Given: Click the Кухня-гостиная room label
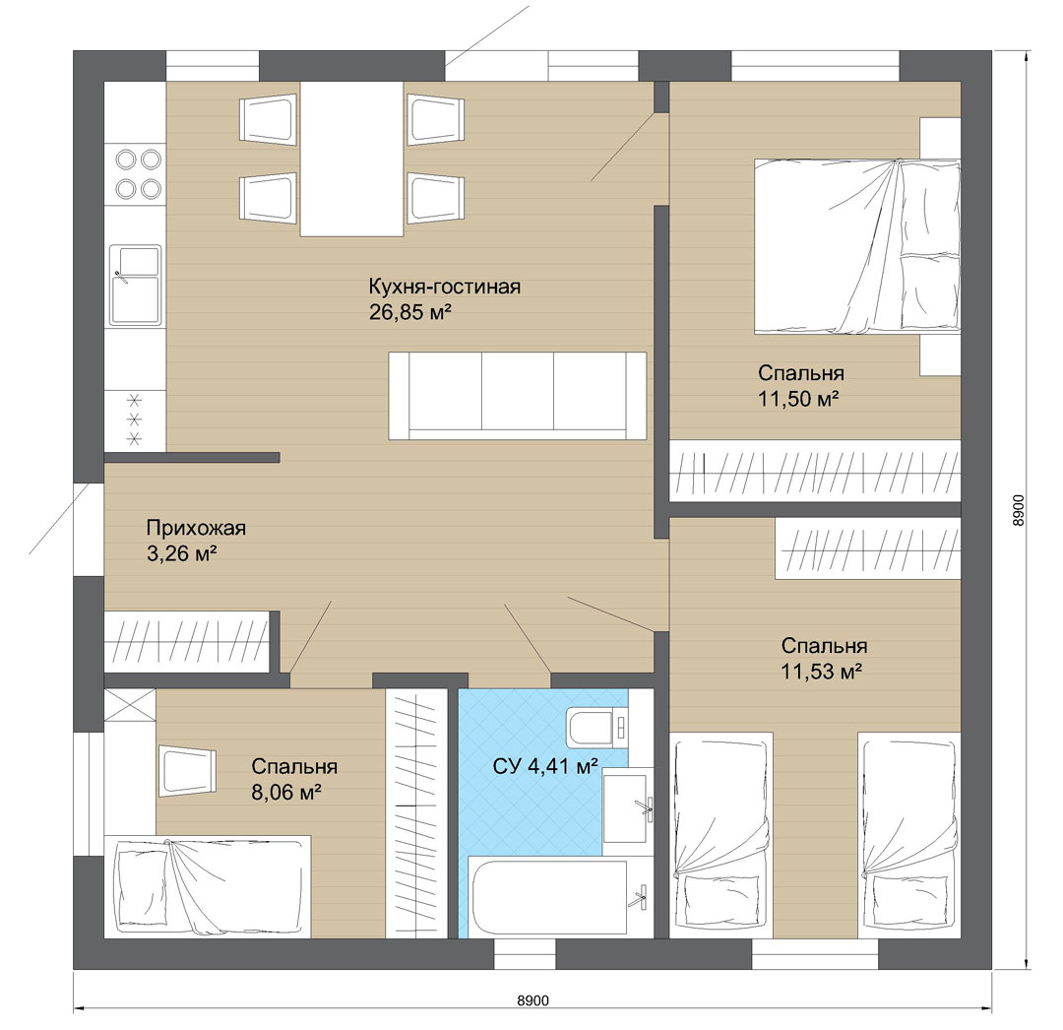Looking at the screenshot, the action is click(x=445, y=287).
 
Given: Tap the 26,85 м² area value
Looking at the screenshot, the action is click(x=410, y=312).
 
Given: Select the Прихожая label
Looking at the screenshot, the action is click(x=196, y=528).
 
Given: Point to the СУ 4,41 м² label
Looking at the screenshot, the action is click(x=545, y=767).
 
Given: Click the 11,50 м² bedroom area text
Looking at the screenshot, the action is click(x=798, y=399).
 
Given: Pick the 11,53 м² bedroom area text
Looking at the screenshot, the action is click(x=821, y=672).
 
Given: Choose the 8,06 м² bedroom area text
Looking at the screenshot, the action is click(x=286, y=792).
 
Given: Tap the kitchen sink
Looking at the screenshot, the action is click(x=136, y=285).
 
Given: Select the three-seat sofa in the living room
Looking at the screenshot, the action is click(x=518, y=395).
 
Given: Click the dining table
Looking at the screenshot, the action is click(x=351, y=159).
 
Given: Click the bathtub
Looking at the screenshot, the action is click(x=558, y=897).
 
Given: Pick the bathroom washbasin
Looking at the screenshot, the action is click(x=628, y=805).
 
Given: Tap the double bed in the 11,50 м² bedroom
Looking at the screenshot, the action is click(x=857, y=246).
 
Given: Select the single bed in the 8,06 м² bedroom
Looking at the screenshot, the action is click(x=208, y=887).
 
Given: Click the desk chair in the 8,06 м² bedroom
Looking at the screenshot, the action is click(x=187, y=771).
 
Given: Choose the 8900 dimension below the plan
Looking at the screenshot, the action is click(x=532, y=1000).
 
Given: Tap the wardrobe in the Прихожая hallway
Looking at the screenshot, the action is click(x=187, y=642).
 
